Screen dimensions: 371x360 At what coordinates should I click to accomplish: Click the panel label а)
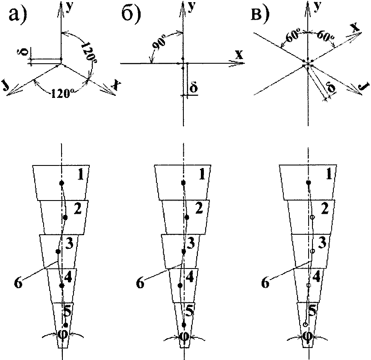tap(18, 14)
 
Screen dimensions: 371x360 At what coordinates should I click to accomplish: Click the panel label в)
tap(260, 14)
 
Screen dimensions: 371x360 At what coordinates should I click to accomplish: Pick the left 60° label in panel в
tap(292, 38)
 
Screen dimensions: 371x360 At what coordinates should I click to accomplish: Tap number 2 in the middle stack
tap(199, 208)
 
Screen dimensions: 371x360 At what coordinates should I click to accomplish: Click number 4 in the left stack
tap(68, 277)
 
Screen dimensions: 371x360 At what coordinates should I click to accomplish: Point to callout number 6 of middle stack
tap(140, 283)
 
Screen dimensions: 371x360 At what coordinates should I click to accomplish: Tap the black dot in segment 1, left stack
tap(62, 183)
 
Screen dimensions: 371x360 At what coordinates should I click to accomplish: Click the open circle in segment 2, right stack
tap(312, 217)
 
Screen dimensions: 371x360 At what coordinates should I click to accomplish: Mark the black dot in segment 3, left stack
tap(58, 251)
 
